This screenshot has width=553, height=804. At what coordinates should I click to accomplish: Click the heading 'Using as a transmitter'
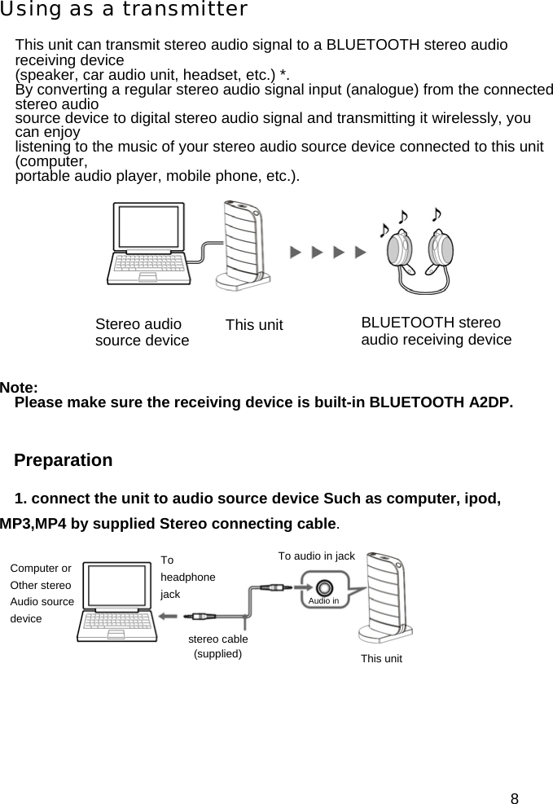pos(124,10)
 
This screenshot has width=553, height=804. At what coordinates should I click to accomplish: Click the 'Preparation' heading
pos(64,460)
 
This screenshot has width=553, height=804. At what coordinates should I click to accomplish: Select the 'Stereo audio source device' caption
pos(142,332)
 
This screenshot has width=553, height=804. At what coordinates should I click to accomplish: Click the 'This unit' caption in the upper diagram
pos(254,326)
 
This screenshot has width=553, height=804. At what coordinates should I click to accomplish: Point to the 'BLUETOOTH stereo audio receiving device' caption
pos(436,331)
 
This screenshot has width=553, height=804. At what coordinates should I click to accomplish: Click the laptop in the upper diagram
pos(150,244)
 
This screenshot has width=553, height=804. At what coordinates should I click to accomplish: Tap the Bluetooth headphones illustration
pos(419,252)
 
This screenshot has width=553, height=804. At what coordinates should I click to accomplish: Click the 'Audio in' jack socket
pos(324,587)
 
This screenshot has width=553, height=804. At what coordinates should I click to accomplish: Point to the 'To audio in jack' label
pos(316,556)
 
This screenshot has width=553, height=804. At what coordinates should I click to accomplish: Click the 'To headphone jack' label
pos(187,577)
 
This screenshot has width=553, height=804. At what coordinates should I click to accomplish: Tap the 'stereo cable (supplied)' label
pos(217,646)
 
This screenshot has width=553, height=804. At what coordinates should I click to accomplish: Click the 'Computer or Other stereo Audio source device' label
pos(42,593)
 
